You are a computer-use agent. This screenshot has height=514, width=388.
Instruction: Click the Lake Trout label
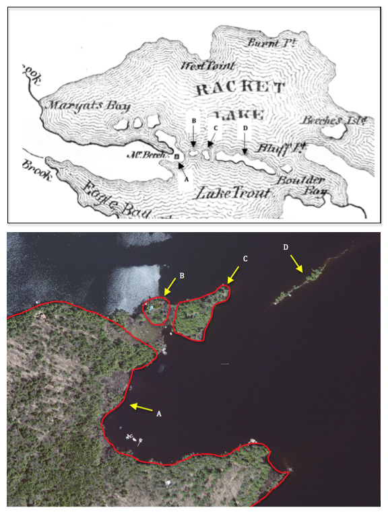point(232,193)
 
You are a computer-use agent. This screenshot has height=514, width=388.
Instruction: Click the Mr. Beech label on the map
point(154,155)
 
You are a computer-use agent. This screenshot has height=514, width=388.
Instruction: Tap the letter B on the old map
point(193,120)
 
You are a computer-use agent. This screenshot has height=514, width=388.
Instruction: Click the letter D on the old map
point(245,128)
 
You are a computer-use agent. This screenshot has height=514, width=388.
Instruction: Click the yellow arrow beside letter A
point(142,406)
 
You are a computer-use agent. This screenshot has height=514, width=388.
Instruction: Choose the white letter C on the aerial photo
point(245,259)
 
